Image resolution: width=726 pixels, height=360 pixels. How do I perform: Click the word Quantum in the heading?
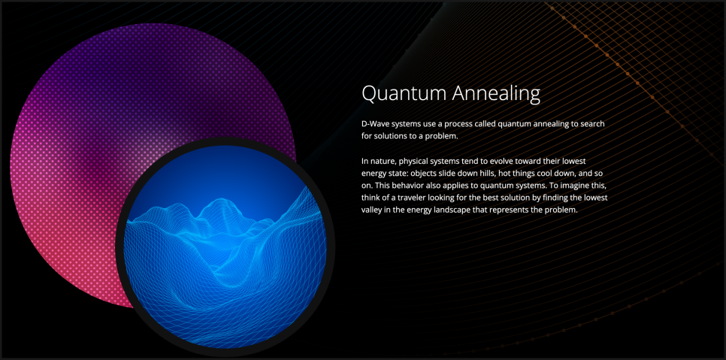click(x=404, y=93)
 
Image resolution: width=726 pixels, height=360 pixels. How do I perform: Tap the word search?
click(x=594, y=125)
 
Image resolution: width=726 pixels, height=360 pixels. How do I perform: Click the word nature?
click(x=383, y=162)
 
